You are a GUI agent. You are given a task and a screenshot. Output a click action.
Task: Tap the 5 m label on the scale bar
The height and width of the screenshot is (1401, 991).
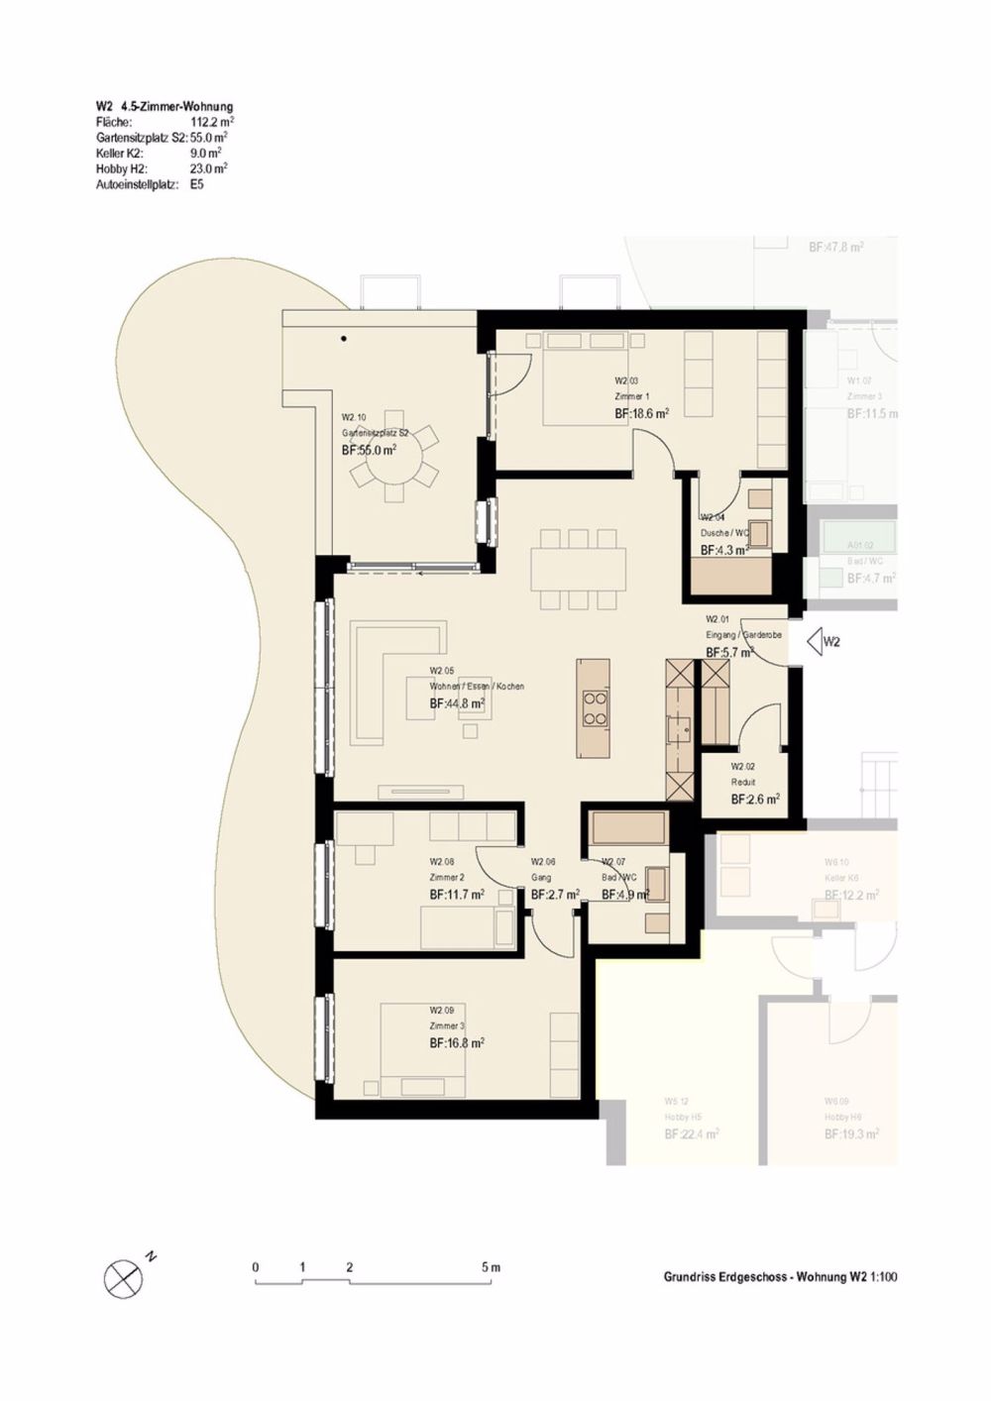[491, 1267]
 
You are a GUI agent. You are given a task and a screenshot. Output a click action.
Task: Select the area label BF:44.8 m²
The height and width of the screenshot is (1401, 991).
[457, 703]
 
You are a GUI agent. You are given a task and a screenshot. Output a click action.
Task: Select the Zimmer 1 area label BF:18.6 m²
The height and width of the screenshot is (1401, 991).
[641, 414]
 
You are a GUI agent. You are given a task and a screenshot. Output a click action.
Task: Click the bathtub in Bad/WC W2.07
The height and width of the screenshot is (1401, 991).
[628, 827]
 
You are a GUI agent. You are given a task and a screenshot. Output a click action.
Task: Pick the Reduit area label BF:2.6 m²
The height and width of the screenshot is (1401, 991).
[755, 799]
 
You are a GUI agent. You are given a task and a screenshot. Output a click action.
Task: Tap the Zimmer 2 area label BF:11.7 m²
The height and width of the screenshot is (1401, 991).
[457, 895]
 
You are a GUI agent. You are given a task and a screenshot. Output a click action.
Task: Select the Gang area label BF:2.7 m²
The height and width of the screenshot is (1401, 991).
[555, 895]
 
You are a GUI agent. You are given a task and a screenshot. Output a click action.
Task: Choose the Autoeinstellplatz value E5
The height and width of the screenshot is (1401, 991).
[197, 184]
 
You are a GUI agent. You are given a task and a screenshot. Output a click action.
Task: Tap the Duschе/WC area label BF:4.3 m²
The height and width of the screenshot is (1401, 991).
[724, 550]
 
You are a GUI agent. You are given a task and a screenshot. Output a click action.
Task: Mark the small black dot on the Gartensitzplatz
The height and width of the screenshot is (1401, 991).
[344, 339]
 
